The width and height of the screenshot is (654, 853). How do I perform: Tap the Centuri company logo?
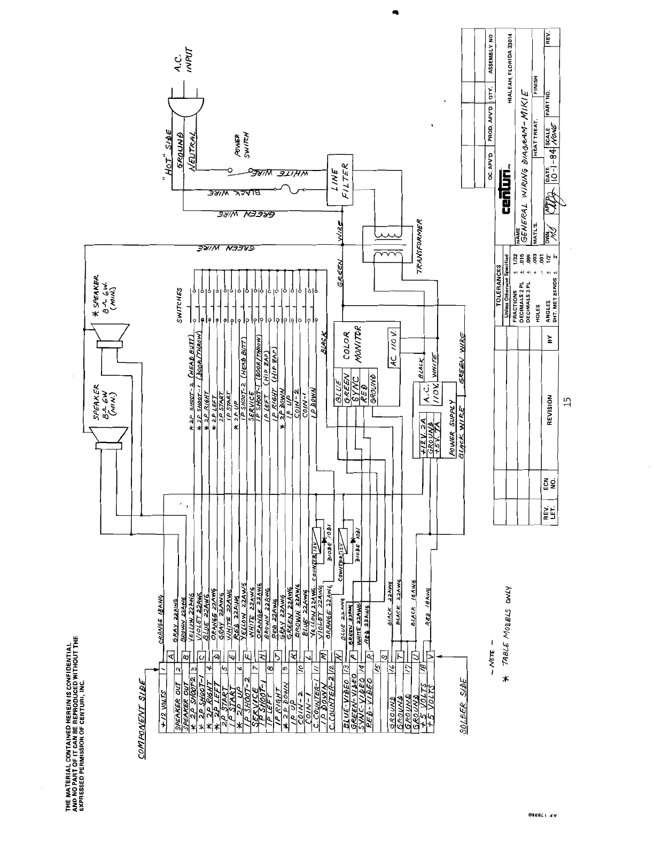[x=507, y=192]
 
